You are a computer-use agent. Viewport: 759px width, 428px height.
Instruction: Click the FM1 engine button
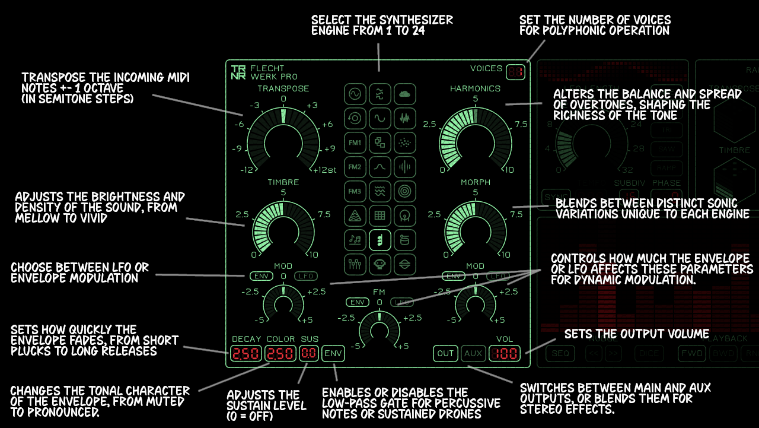click(x=355, y=143)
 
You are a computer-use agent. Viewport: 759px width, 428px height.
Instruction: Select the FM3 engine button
click(x=355, y=191)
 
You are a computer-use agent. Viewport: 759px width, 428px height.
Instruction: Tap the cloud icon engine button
click(x=405, y=94)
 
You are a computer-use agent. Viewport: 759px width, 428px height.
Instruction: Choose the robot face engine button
click(x=380, y=264)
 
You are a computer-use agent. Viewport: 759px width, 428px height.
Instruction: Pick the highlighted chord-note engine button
click(x=380, y=240)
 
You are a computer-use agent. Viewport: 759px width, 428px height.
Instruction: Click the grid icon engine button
click(x=380, y=215)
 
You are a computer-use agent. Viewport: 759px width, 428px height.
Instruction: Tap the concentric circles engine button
click(x=405, y=191)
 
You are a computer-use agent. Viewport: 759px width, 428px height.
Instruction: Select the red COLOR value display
click(x=280, y=354)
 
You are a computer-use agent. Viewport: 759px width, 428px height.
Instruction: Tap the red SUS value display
click(x=308, y=354)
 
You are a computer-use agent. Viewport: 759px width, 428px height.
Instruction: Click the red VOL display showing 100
click(x=505, y=354)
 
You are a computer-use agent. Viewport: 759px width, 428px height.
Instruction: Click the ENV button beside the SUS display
click(x=333, y=354)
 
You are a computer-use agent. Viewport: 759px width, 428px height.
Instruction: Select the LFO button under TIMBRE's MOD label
click(x=306, y=276)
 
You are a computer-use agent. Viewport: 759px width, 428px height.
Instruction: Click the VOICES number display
click(x=515, y=72)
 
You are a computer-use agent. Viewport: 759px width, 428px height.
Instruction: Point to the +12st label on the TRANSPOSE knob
click(x=325, y=170)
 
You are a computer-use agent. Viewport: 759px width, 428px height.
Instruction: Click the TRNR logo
click(x=238, y=72)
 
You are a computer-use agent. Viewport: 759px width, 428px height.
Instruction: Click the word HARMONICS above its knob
click(x=475, y=88)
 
